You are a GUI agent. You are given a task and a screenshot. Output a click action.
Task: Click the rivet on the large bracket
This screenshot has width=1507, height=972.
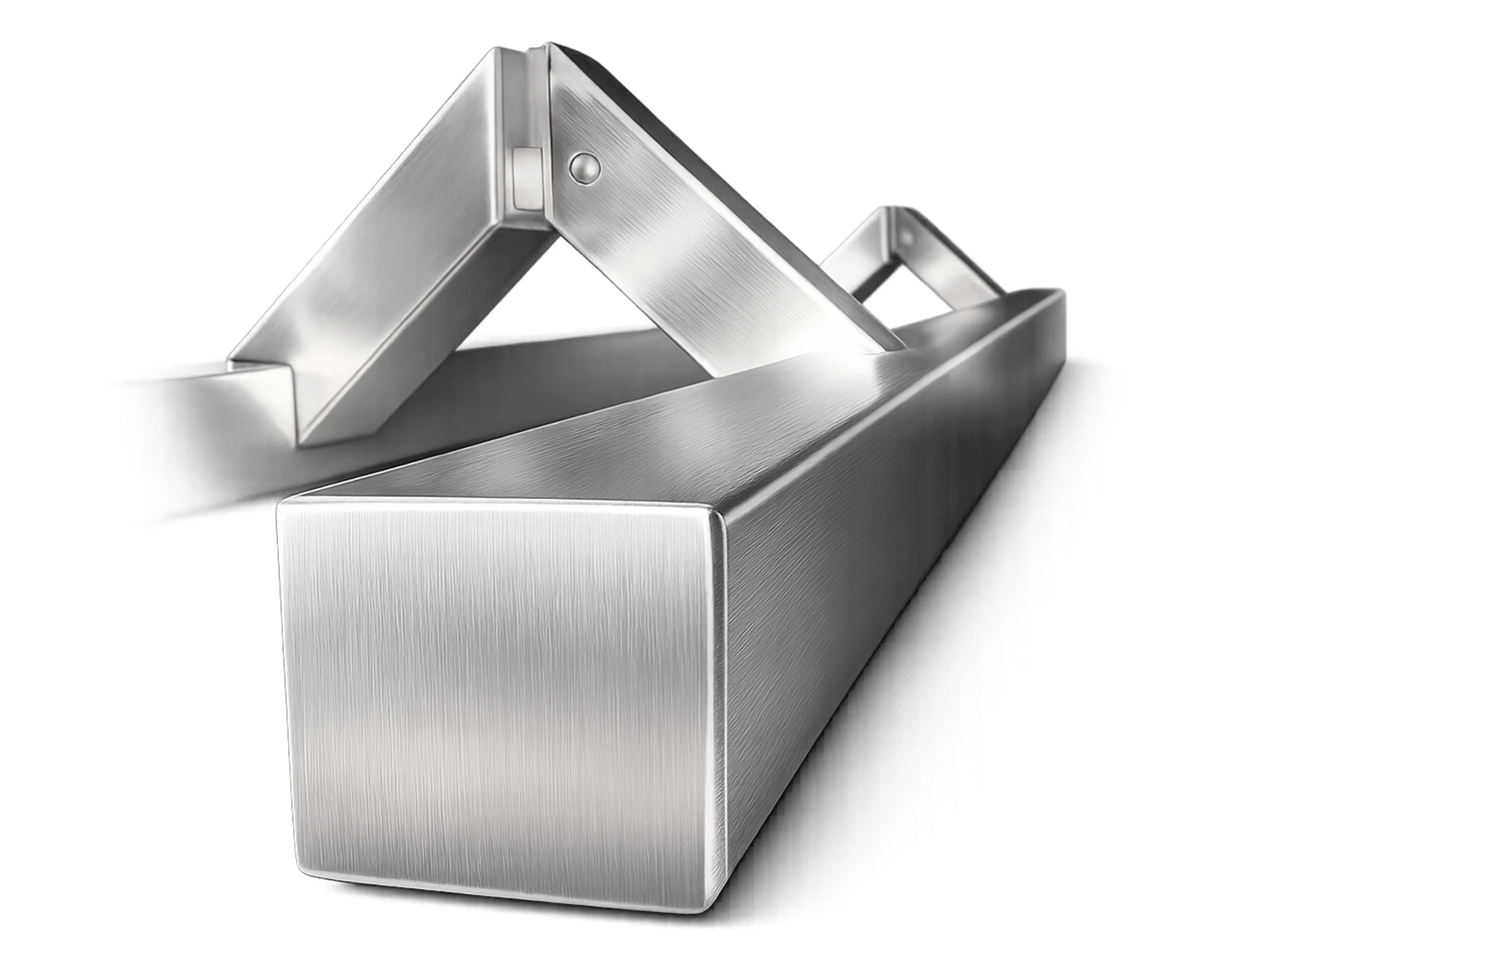[x=585, y=168]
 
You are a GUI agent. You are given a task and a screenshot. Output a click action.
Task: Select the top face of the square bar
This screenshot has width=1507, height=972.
[x=712, y=419]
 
